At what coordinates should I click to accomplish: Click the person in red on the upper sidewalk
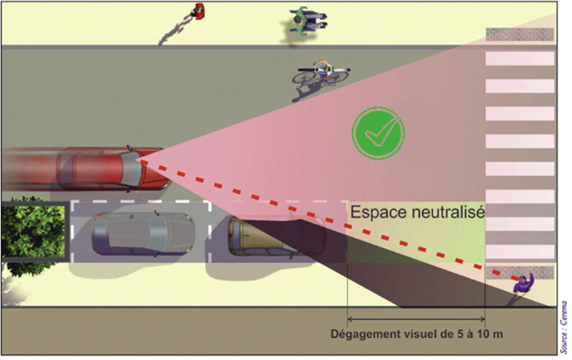[198, 11]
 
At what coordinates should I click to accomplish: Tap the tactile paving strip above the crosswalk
[520, 34]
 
